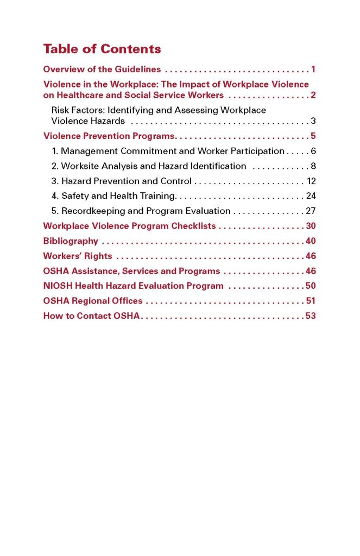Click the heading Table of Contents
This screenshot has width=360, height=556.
tap(102, 49)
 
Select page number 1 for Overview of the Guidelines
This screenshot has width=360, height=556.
tap(313, 69)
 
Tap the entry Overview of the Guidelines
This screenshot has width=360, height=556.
tap(102, 69)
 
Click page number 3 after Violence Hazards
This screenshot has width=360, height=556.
tap(313, 121)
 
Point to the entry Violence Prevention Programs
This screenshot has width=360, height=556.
tap(109, 136)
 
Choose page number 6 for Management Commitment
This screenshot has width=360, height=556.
tap(313, 151)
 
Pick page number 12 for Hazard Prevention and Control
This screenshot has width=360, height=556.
tap(311, 181)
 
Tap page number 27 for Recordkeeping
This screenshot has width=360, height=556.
tap(311, 211)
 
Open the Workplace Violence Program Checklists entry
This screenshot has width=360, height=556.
tap(129, 226)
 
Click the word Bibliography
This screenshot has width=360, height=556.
tap(71, 241)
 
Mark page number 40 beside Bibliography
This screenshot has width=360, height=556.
tap(311, 241)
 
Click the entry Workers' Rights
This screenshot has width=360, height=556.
tap(78, 256)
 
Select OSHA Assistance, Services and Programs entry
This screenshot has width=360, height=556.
tap(131, 271)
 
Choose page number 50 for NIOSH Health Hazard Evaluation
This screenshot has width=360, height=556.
tap(311, 286)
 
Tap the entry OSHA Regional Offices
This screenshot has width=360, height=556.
tap(93, 301)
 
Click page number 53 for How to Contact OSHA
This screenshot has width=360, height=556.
tap(311, 315)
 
